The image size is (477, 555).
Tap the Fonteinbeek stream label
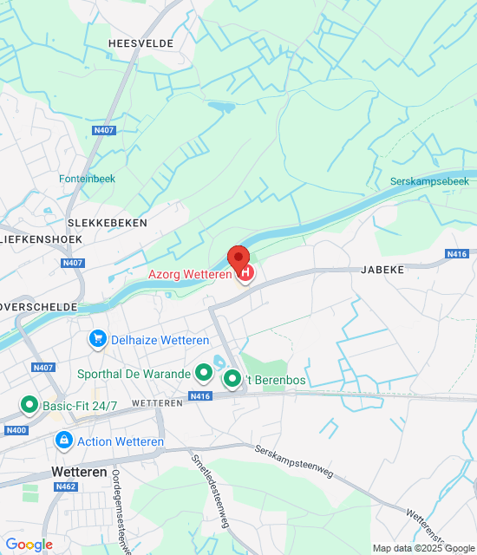(87, 179)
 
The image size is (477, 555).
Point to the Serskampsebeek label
(429, 181)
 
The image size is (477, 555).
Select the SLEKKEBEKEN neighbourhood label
(108, 223)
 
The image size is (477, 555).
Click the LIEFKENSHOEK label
(40, 239)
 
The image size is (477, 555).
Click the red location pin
(238, 258)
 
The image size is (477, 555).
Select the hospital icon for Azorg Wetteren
(245, 274)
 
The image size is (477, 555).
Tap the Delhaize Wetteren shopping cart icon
(98, 339)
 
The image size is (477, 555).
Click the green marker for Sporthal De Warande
(204, 374)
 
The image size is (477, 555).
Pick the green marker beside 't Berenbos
(232, 379)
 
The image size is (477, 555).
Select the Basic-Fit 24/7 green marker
(29, 405)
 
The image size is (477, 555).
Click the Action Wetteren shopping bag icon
(63, 441)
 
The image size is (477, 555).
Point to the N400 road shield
(16, 430)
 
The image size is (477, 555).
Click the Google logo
(29, 545)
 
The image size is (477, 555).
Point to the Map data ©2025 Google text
(422, 548)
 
